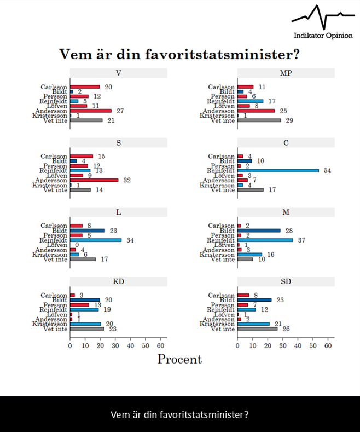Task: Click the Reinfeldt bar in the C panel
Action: click(x=278, y=170)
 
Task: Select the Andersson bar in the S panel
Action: click(x=94, y=180)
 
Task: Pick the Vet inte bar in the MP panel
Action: click(x=259, y=120)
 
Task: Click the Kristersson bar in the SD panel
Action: click(x=253, y=324)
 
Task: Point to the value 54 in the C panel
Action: click(x=328, y=170)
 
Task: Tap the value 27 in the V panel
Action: click(x=120, y=111)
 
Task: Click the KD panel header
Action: click(x=118, y=281)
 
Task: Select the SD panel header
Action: click(x=286, y=281)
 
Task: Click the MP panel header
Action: click(x=286, y=73)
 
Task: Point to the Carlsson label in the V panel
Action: click(x=54, y=87)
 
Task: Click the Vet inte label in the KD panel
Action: click(x=55, y=329)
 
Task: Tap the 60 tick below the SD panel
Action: click(x=328, y=346)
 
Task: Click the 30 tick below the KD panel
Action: click(x=115, y=346)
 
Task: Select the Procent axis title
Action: click(x=179, y=359)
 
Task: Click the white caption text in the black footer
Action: click(x=179, y=414)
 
